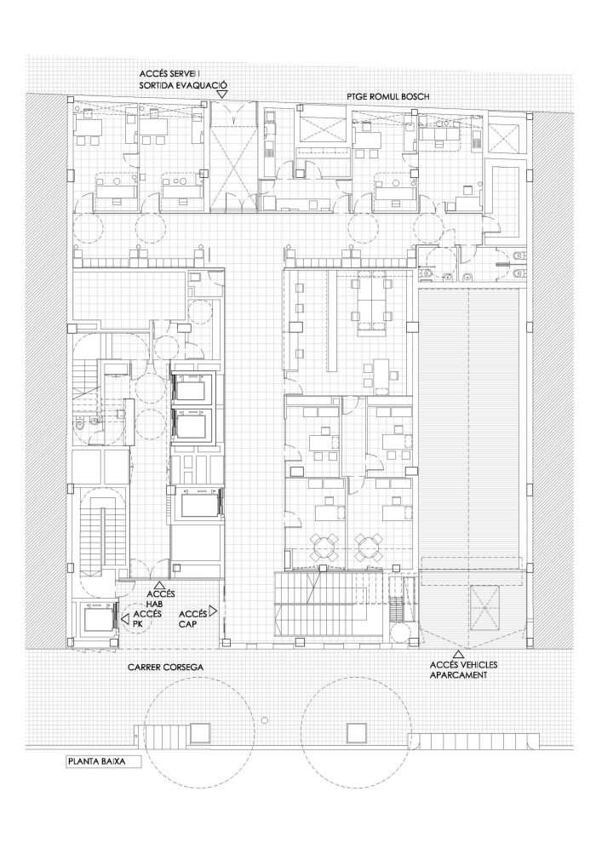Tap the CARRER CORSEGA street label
coord(165,668)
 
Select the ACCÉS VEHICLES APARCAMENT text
coord(463,670)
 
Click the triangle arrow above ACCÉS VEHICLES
coord(458,654)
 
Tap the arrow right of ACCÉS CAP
coord(213,611)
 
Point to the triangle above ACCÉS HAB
coord(159,584)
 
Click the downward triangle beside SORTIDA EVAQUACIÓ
coord(222,94)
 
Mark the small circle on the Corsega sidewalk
coord(264,720)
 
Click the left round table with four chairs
coord(326,545)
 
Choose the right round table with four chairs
coord(369,545)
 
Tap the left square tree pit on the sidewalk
coord(199,732)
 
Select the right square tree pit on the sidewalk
coord(356,732)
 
